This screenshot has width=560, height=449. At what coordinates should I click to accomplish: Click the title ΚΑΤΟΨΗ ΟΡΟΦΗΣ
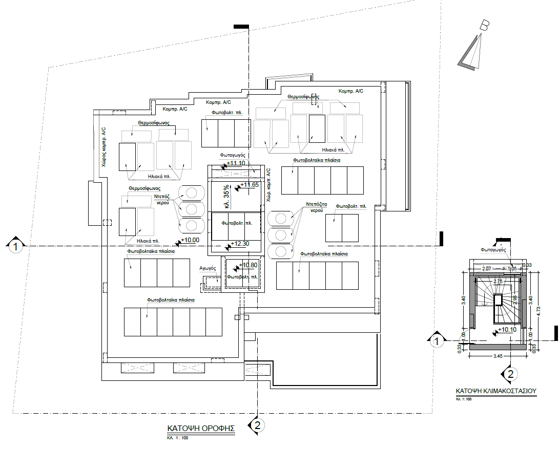(x=200, y=428)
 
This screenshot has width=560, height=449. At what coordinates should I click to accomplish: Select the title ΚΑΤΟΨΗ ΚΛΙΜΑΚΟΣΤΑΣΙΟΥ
(x=495, y=391)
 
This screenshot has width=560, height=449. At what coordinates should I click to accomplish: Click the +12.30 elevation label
(x=239, y=244)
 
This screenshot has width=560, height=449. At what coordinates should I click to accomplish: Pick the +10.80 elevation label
(x=247, y=265)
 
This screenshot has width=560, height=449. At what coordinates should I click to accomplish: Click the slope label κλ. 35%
(x=226, y=196)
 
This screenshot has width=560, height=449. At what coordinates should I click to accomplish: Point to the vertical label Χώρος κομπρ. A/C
(x=103, y=147)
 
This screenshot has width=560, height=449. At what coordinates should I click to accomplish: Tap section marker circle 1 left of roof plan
(x=16, y=247)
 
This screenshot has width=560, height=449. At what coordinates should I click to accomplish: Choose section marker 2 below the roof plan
(x=258, y=425)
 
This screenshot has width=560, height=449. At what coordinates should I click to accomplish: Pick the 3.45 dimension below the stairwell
(x=497, y=355)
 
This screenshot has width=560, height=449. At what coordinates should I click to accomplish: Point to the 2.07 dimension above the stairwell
(x=487, y=268)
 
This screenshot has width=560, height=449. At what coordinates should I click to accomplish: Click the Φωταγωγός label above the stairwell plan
(x=493, y=250)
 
